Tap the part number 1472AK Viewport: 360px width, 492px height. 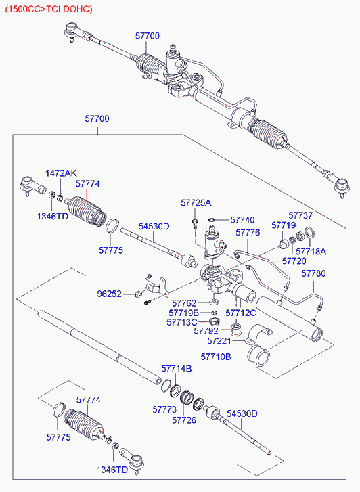[x=62, y=174]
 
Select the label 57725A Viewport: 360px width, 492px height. [x=196, y=202]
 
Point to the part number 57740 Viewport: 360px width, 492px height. [x=242, y=220]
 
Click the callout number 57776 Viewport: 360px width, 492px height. [x=248, y=232]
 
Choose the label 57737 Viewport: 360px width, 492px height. [x=300, y=215]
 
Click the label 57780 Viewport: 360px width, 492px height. [x=313, y=273]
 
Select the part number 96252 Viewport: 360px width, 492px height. [x=109, y=294]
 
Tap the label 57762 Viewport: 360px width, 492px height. [x=183, y=303]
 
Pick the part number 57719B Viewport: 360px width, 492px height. [x=185, y=313]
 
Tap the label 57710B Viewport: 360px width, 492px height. [x=216, y=356]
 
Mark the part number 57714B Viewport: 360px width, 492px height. [x=177, y=368]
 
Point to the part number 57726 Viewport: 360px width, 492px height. [x=183, y=420]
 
